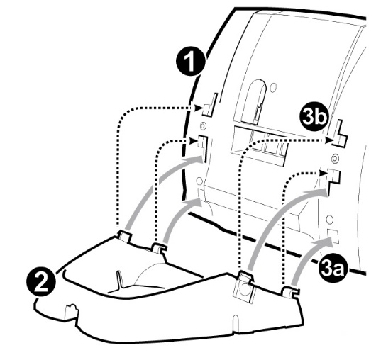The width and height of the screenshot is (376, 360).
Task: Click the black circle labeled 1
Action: tap(191, 62)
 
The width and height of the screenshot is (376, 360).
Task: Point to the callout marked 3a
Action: tap(331, 269)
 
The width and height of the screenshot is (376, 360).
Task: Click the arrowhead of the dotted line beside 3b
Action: tap(328, 140)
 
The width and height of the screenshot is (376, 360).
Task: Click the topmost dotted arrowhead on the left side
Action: tap(198, 108)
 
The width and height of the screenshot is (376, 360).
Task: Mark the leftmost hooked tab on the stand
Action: tap(125, 236)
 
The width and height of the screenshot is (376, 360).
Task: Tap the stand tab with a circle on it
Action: tap(245, 288)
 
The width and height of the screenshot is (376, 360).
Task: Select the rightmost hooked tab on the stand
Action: tap(290, 292)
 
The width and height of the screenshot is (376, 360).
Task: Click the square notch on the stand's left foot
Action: tap(71, 312)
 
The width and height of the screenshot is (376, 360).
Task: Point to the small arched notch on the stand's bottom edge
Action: tap(236, 323)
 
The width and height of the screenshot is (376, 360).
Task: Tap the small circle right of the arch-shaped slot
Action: tap(272, 87)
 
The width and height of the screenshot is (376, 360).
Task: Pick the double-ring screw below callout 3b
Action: tap(335, 158)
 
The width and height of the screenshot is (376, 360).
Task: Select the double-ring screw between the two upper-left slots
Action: tap(203, 125)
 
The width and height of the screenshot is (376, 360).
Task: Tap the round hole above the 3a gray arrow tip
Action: tap(330, 219)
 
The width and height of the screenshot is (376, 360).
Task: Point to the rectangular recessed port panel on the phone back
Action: tap(259, 145)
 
